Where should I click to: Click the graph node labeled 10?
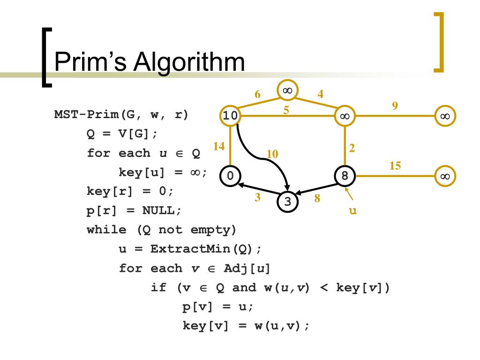[x=230, y=116]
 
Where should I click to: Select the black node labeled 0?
[x=230, y=176]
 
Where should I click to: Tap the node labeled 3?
[x=288, y=202]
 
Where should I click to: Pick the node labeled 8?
[x=345, y=176]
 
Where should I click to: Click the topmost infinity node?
[x=287, y=90]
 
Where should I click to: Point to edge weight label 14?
[x=218, y=147]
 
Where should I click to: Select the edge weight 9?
[x=395, y=106]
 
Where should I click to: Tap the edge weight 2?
[x=352, y=148]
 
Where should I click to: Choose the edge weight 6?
[x=257, y=94]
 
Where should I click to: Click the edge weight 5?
[x=286, y=110]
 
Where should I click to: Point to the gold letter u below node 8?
[x=353, y=211]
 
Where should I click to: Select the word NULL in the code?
[x=161, y=211]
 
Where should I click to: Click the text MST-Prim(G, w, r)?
[x=121, y=115]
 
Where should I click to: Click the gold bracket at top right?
[x=438, y=42]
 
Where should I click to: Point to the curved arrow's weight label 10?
[x=272, y=154]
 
